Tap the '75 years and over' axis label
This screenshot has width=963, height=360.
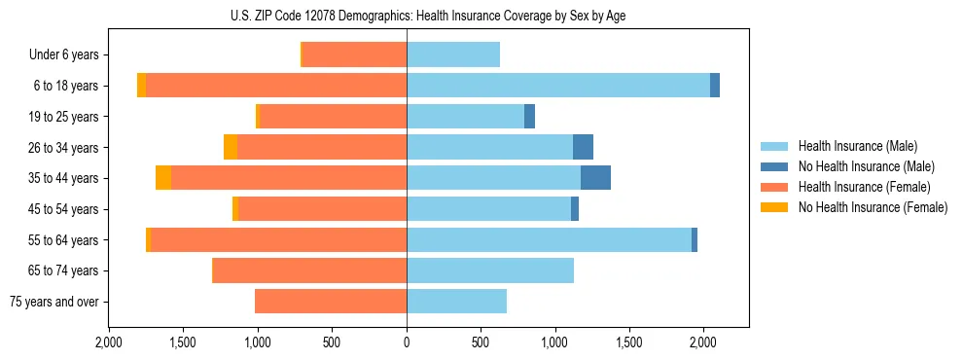click(53, 302)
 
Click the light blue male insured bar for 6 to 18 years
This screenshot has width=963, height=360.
click(558, 86)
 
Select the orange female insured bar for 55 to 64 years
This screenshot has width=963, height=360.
click(278, 239)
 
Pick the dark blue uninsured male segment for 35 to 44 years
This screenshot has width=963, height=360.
click(595, 178)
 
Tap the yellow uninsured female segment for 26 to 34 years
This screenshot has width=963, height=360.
click(231, 147)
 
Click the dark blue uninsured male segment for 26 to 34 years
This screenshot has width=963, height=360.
click(583, 147)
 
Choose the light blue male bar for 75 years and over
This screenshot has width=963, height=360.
click(456, 302)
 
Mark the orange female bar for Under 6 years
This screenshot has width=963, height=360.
click(354, 55)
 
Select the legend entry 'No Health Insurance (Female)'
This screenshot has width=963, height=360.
click(873, 207)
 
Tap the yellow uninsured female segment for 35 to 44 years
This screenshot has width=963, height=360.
click(163, 178)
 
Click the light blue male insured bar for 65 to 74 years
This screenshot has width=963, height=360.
click(490, 270)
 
